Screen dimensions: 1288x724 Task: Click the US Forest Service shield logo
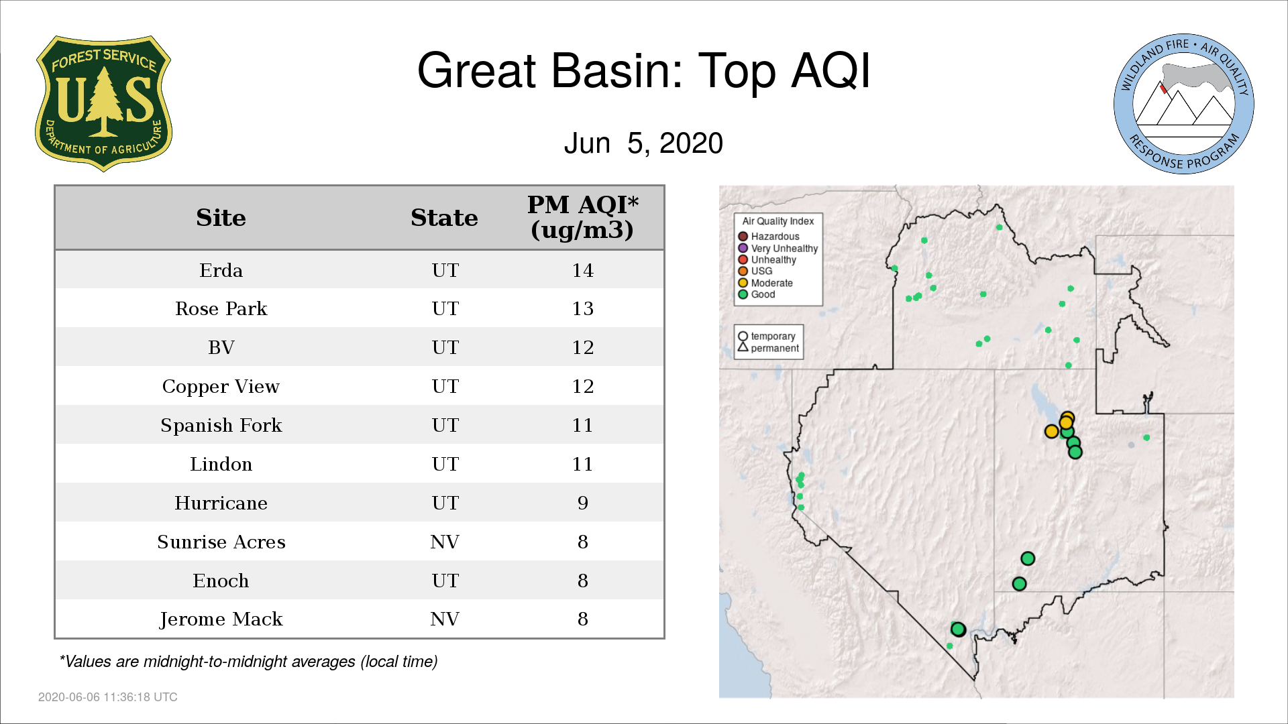(103, 103)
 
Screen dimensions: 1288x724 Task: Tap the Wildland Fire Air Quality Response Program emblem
(1183, 104)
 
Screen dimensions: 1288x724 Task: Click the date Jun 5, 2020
(643, 143)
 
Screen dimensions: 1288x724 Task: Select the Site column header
(221, 218)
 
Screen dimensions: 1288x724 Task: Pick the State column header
(444, 218)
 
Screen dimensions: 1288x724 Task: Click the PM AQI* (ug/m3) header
(582, 217)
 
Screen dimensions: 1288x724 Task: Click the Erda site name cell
(221, 270)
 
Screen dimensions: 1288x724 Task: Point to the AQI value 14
(582, 270)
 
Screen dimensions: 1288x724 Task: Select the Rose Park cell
(221, 309)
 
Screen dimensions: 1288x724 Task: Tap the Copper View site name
(221, 387)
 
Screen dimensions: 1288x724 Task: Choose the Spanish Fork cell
(221, 426)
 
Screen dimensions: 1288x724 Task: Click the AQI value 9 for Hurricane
(582, 503)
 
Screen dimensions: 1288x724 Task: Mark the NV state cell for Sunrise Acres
(444, 542)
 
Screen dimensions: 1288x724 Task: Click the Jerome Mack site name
(221, 619)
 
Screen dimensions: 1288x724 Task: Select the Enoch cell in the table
(221, 581)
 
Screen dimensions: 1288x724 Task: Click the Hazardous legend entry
(769, 237)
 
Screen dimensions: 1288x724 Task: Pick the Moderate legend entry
(765, 283)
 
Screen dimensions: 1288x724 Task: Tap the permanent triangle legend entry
(769, 348)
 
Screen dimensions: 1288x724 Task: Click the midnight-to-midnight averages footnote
(248, 662)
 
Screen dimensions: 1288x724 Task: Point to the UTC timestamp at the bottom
(108, 697)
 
